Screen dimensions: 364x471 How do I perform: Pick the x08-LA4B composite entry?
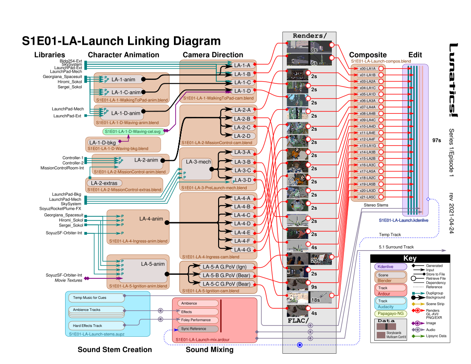368,113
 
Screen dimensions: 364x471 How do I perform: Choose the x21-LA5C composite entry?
368,197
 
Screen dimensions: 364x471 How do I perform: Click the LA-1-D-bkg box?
102,142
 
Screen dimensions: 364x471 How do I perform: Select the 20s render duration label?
316,261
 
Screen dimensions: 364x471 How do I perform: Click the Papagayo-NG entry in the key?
390,313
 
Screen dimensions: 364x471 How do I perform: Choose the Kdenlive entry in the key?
390,267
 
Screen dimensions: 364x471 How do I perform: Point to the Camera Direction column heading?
213,55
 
